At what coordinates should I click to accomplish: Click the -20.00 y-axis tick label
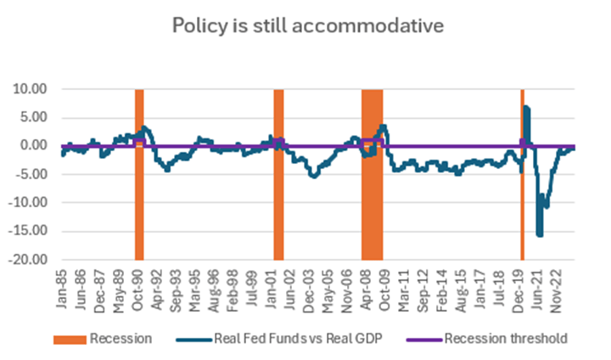[x=29, y=260]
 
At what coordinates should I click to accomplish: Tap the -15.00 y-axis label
[x=29, y=231]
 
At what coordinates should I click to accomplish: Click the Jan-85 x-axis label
[x=63, y=287]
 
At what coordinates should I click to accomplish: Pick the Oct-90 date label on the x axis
[x=140, y=287]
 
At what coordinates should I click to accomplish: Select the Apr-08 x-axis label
[x=372, y=287]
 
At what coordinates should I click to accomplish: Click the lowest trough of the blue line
[x=540, y=235]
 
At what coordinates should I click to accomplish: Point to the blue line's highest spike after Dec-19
[x=526, y=107]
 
